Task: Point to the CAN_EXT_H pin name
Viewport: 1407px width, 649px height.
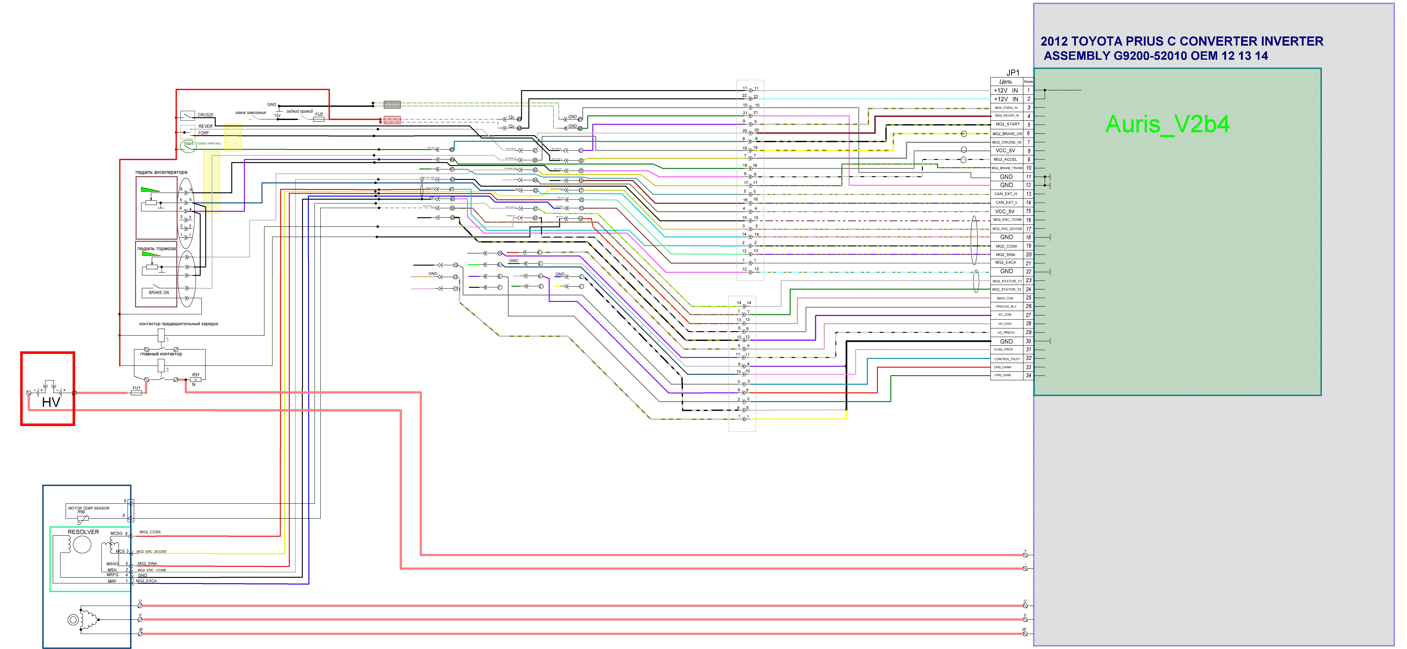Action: (x=1006, y=194)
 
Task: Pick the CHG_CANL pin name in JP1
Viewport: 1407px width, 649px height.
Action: (x=1003, y=375)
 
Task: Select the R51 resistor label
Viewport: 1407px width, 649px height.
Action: (x=196, y=375)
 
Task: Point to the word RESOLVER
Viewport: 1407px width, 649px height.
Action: (x=83, y=532)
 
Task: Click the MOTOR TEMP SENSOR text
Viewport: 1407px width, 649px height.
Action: (x=89, y=508)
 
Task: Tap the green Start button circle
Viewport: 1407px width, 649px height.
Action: (x=188, y=145)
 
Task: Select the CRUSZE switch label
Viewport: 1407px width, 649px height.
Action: (x=205, y=115)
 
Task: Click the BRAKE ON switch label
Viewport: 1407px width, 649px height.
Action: (x=159, y=293)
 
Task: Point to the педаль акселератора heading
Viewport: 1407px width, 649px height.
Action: (x=161, y=172)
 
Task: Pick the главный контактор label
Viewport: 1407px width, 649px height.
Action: (x=161, y=354)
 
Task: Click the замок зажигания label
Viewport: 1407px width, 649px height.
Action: (x=250, y=112)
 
